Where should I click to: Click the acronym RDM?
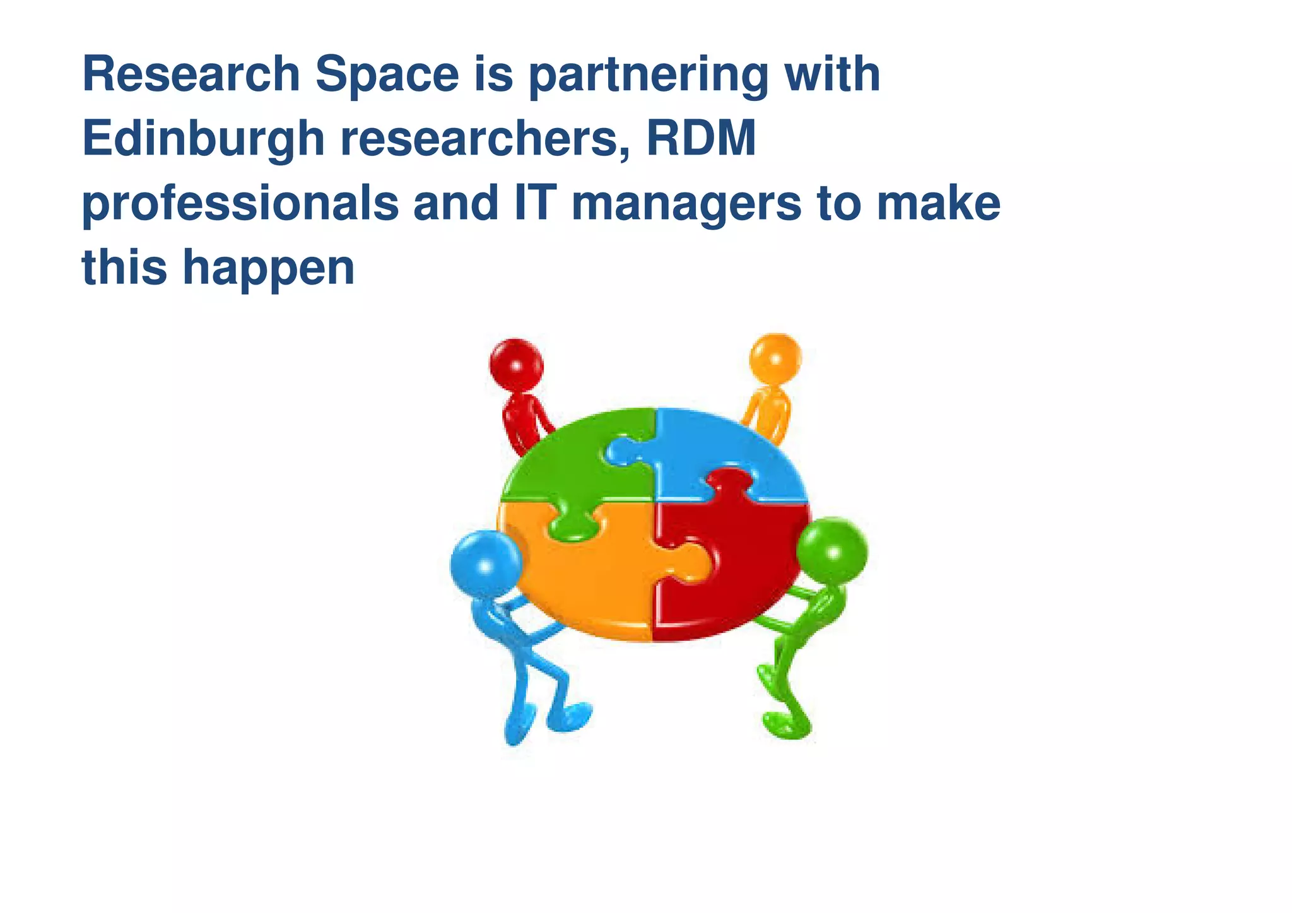pos(701,139)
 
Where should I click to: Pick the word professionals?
pos(240,204)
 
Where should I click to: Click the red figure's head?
pos(517,363)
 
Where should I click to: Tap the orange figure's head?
pos(775,358)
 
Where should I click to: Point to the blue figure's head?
pos(485,563)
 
